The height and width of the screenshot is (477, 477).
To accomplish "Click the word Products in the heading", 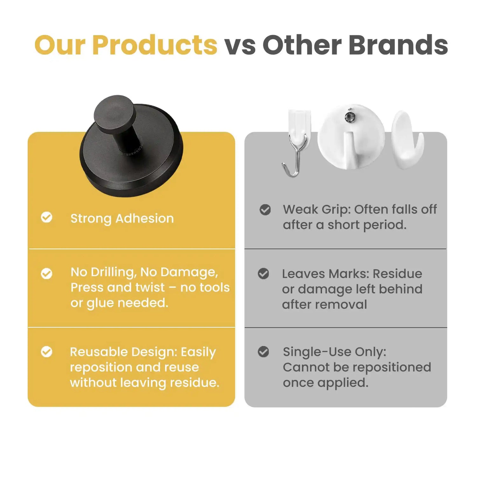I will click(x=155, y=45).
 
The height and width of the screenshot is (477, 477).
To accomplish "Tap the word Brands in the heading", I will click(x=398, y=45).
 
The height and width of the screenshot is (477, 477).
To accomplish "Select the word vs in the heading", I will click(x=240, y=45).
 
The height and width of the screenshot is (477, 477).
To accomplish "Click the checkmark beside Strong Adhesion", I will click(x=47, y=218).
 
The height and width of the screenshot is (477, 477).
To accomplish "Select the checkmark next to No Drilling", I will click(x=47, y=273).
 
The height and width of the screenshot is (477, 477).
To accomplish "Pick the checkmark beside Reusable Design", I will click(x=47, y=352).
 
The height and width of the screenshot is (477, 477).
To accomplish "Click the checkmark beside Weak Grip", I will click(x=265, y=210).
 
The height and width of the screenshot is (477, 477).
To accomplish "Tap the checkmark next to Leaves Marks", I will click(x=263, y=273).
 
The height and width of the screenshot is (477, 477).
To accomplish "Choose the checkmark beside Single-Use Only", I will click(x=263, y=352).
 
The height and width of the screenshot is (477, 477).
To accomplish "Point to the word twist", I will click(x=150, y=287).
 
